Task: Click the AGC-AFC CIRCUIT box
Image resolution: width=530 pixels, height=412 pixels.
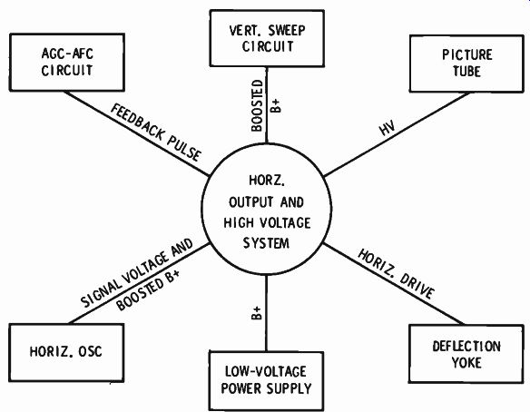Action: click(x=67, y=63)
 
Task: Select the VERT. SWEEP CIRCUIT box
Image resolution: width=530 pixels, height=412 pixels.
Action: click(x=267, y=38)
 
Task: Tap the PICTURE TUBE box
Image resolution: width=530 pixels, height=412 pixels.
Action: click(x=466, y=64)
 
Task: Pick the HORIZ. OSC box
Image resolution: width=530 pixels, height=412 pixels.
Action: click(x=66, y=352)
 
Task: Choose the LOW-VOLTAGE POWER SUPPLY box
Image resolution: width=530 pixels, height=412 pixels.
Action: click(x=266, y=380)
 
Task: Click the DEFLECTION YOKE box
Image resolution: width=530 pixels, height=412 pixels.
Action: click(x=466, y=354)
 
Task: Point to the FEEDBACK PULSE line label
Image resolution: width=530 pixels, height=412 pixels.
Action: click(x=156, y=132)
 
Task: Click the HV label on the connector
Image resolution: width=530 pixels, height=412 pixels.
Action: click(x=387, y=128)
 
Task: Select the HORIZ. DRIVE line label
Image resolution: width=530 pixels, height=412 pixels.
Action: click(x=396, y=274)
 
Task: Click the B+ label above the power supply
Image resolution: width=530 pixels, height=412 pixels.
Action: click(x=257, y=313)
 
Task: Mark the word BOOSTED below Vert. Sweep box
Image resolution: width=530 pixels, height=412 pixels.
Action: click(x=257, y=105)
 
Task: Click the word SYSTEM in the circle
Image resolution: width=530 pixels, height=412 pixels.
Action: click(x=266, y=243)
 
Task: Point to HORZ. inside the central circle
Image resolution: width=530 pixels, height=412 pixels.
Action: click(x=267, y=181)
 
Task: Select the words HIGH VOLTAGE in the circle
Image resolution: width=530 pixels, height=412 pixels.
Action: click(x=267, y=222)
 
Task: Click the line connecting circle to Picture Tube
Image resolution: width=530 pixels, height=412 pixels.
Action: click(x=397, y=134)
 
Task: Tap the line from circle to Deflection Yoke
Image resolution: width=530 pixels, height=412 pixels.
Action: click(x=394, y=284)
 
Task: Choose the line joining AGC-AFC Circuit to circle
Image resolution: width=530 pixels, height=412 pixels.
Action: click(x=136, y=133)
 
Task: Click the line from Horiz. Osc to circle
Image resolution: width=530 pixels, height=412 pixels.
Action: click(x=139, y=283)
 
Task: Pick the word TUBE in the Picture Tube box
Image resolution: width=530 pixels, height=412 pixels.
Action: click(x=466, y=72)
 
